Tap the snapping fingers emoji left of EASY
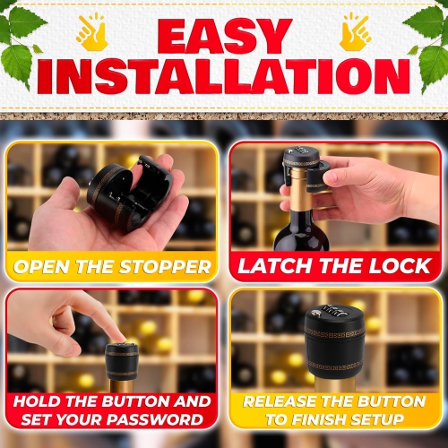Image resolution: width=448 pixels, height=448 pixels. [92, 31]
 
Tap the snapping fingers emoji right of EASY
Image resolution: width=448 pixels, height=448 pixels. [356, 31]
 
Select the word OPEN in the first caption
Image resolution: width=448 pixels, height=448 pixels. [45, 266]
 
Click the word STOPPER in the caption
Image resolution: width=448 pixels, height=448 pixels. [167, 266]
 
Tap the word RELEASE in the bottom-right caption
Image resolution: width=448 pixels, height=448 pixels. [283, 401]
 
